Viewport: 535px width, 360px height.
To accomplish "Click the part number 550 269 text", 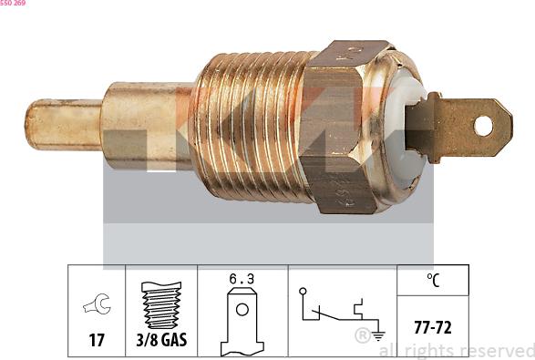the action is point(13,3).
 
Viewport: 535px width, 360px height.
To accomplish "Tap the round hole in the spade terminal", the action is point(483,126).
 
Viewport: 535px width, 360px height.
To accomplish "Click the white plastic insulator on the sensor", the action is point(406,129).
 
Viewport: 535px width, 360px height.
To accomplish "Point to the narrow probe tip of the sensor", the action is point(64,125).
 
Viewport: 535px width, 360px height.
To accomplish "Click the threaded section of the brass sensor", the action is point(249,126).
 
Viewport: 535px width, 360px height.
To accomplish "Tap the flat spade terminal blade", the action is point(459,127).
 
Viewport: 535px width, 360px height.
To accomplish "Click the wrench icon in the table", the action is point(97,303).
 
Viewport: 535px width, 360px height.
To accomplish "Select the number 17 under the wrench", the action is point(97,340).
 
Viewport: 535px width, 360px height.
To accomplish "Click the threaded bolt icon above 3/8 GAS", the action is point(161,304).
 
